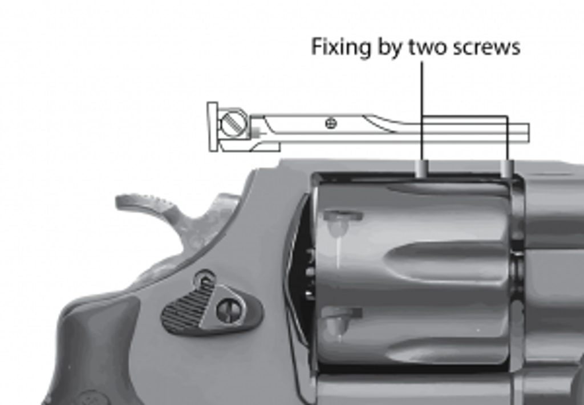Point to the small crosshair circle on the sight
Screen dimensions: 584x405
(331, 123)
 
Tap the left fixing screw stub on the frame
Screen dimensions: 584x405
(422, 168)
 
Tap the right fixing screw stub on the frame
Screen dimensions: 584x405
(507, 169)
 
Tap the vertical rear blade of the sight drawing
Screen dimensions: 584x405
(213, 126)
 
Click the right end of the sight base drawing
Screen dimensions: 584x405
(529, 133)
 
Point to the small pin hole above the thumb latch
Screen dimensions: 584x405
(205, 278)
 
